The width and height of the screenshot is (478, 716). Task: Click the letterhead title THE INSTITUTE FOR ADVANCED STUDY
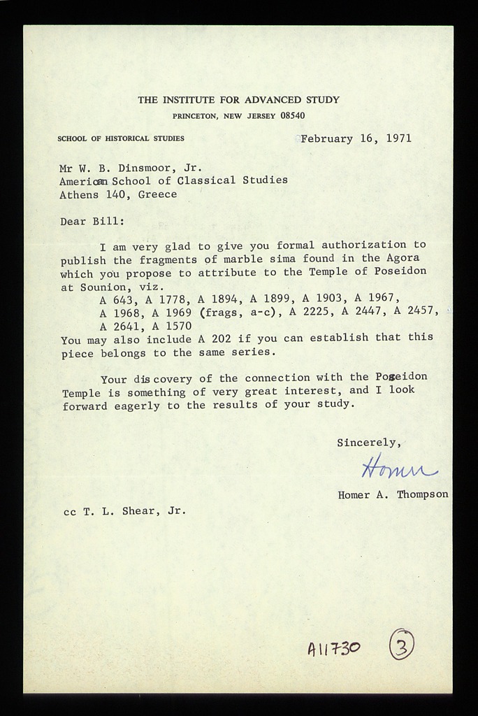(238, 100)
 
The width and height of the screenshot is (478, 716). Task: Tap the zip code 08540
(292, 116)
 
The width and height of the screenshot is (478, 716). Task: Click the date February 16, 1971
(356, 138)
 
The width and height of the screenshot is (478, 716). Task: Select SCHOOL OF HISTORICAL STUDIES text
(121, 138)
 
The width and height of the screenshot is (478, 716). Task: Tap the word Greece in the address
(157, 194)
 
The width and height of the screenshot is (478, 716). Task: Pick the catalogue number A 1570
(171, 326)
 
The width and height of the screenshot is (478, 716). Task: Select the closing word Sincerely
(368, 443)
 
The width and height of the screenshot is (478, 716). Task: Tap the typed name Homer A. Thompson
(393, 494)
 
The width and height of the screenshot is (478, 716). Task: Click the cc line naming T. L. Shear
(124, 511)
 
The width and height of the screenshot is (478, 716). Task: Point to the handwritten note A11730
(334, 649)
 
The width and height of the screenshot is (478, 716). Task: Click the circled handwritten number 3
(401, 644)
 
